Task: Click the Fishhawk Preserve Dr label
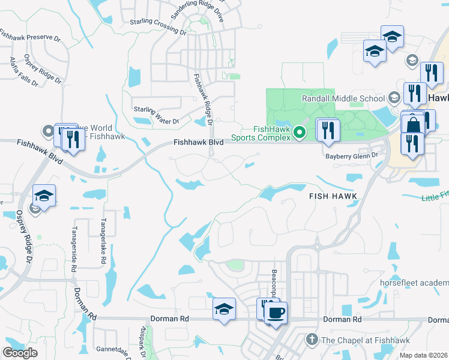tap(31, 37)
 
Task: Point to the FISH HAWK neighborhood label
tap(333, 196)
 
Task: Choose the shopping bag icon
tap(413, 125)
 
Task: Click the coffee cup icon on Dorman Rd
tap(276, 313)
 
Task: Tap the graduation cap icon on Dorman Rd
tap(224, 309)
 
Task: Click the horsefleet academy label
tap(414, 282)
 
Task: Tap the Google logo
tap(20, 352)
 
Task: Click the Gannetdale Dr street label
tap(113, 351)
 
